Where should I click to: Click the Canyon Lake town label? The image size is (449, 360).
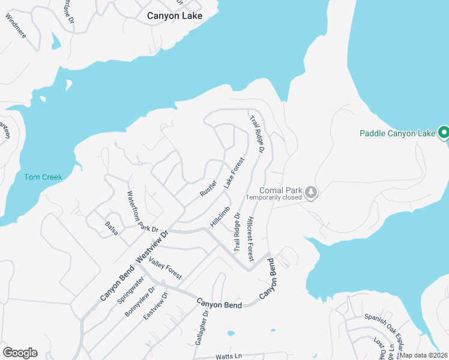(175, 16)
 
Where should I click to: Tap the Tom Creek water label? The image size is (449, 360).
(43, 177)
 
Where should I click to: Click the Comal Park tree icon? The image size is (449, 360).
(311, 192)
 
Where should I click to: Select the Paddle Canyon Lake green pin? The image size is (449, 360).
(444, 132)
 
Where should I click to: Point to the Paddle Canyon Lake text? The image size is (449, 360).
(397, 133)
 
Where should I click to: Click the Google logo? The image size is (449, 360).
(20, 353)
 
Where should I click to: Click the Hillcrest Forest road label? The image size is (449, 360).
(250, 239)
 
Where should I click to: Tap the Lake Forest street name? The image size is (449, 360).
(235, 173)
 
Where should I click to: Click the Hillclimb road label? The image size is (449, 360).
(220, 217)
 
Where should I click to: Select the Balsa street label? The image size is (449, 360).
(112, 229)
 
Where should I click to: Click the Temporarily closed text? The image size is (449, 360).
(274, 197)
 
